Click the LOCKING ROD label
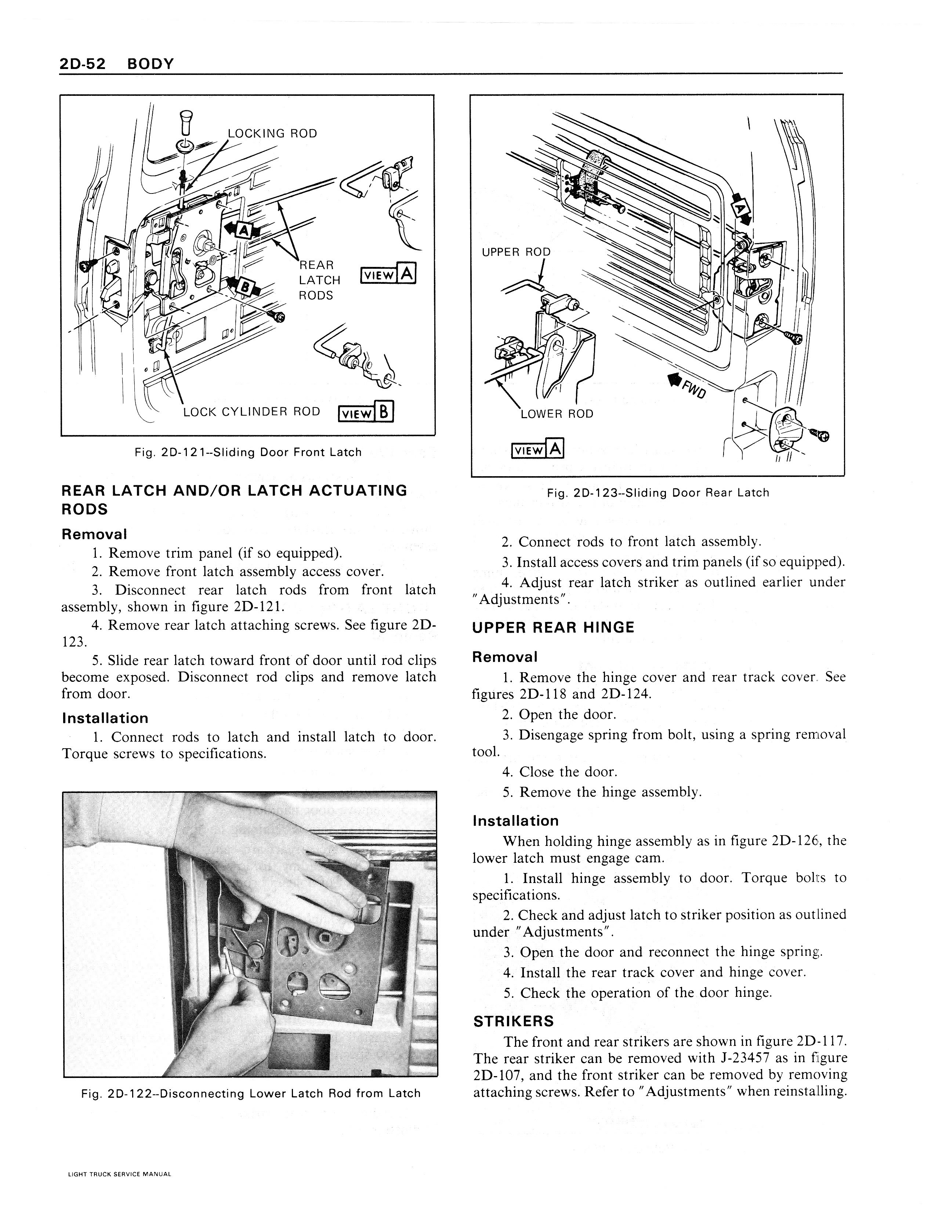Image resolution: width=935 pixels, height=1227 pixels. (x=272, y=134)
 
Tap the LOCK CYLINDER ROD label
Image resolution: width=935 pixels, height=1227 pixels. (x=251, y=412)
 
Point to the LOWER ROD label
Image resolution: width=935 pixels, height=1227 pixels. (x=557, y=414)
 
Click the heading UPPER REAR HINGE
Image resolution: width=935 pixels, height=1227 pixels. (x=553, y=628)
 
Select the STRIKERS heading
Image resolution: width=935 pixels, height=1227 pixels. (x=514, y=1021)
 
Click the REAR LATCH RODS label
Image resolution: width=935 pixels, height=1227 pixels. (x=319, y=280)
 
